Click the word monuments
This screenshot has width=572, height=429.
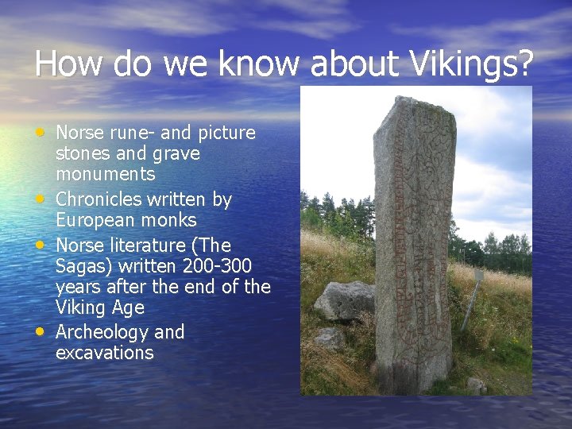[x=105, y=173]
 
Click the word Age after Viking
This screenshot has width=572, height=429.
[x=128, y=307]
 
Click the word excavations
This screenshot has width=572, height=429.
[x=104, y=353]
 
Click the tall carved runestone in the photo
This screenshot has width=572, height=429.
[x=413, y=246]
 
